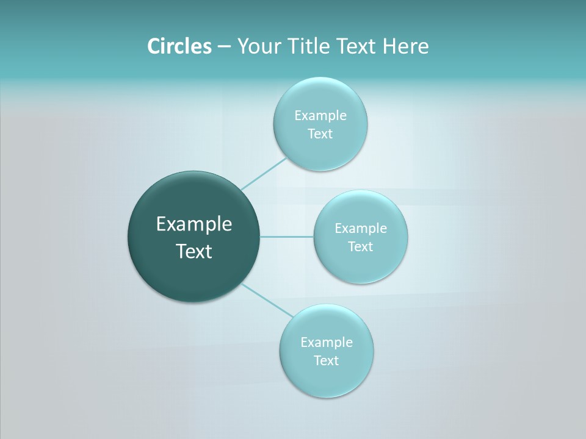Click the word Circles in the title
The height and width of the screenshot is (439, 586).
coord(179,46)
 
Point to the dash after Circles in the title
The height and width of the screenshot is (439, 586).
coord(224,47)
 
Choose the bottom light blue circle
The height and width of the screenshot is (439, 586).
coord(327,378)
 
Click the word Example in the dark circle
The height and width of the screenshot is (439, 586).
coord(194,224)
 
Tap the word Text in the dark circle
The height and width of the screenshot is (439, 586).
coord(194,251)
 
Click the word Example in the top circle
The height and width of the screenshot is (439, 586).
coord(320,116)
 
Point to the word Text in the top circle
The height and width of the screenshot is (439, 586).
coord(320,134)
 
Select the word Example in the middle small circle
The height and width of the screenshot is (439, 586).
coord(361,229)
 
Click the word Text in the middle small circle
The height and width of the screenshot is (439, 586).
coord(360,247)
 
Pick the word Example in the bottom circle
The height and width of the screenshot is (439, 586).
coord(327,343)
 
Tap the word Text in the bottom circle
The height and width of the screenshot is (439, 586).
coord(326,361)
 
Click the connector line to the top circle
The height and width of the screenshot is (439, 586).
coord(264,174)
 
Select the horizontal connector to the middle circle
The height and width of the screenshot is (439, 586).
coord(287,237)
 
